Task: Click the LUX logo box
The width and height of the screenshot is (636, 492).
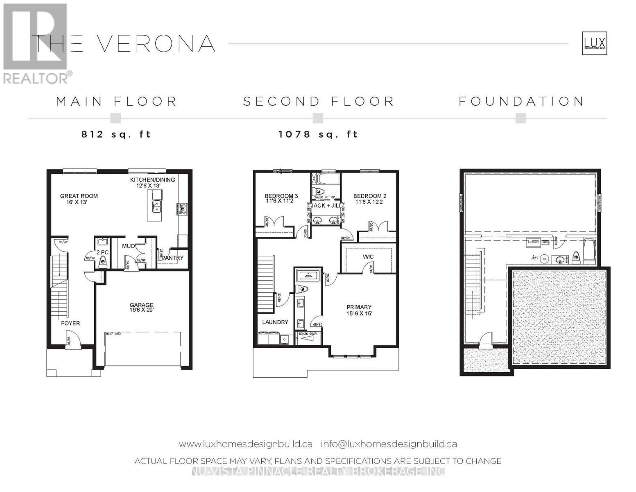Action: click(594, 43)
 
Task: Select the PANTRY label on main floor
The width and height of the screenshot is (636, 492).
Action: click(172, 258)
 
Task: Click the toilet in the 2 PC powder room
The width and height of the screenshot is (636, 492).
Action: click(102, 261)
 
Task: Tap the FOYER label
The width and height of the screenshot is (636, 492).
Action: click(70, 323)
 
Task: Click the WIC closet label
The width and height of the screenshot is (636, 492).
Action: click(368, 257)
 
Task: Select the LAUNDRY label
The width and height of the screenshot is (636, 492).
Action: click(275, 322)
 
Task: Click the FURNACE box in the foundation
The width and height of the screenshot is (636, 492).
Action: click(533, 242)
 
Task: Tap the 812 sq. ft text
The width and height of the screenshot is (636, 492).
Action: click(116, 134)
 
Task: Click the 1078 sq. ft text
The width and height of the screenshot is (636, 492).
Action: click(318, 134)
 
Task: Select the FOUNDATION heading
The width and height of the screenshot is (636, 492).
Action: click(521, 101)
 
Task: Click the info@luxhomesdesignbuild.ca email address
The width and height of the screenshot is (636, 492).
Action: click(389, 444)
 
